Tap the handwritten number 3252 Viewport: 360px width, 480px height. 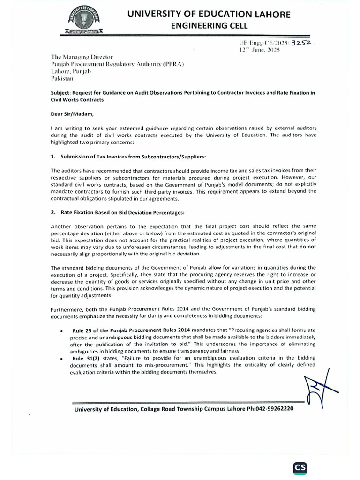pos(301,43)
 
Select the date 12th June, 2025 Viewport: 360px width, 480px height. pos(259,50)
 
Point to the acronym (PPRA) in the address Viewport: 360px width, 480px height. pos(185,64)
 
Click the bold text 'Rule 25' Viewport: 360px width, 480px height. pos(84,330)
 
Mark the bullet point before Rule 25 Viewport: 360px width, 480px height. pos(62,330)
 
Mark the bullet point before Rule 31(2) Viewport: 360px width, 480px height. pos(62,358)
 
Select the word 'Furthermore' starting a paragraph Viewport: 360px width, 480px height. pos(66,309)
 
